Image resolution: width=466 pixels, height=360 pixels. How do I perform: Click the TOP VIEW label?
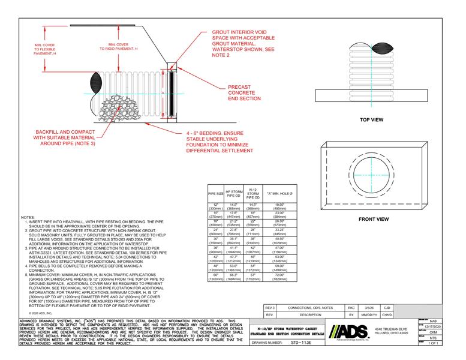371,120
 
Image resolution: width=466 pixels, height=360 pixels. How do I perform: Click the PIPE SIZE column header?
215,194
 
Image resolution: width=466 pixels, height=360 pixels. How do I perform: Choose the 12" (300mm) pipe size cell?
215,207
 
